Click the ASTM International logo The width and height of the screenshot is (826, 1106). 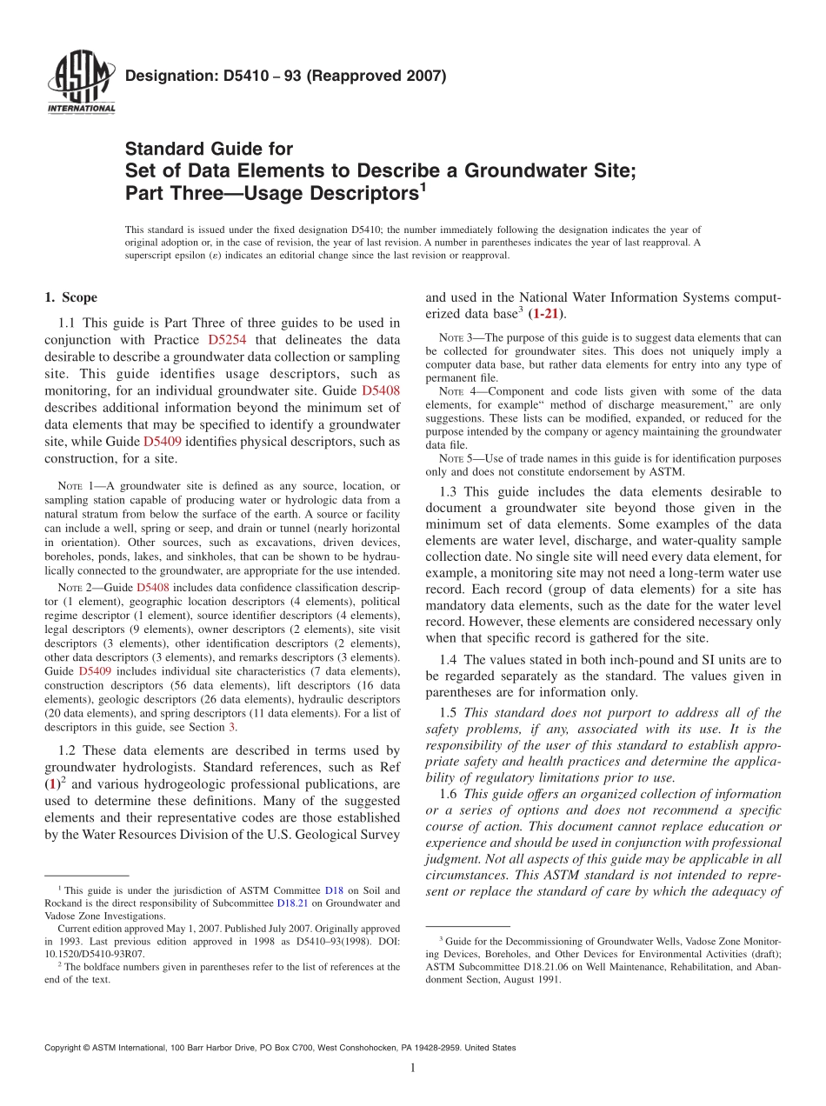80,83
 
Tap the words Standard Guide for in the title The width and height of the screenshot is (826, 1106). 209,149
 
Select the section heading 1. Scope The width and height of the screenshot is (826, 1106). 70,297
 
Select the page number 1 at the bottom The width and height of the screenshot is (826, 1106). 412,1069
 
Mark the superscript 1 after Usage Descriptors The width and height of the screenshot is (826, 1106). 423,185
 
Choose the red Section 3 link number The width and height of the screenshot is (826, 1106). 231,727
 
